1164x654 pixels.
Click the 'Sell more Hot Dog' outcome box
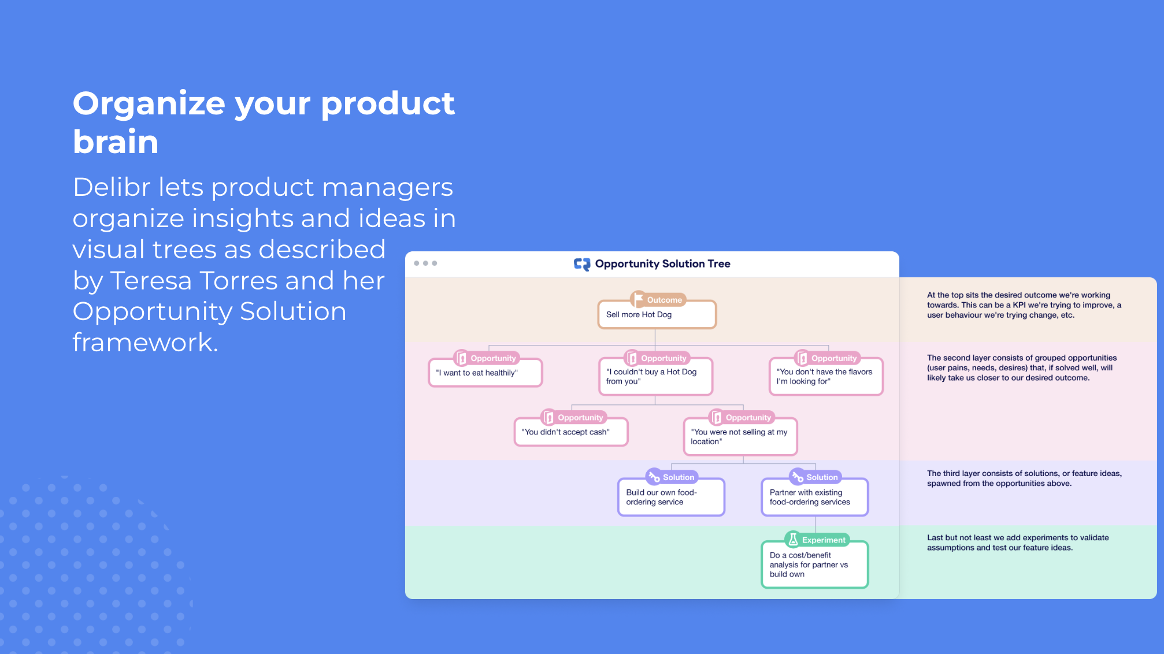click(x=657, y=315)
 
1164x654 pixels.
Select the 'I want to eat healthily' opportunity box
click(x=485, y=373)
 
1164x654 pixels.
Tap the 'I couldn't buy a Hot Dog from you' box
click(x=655, y=377)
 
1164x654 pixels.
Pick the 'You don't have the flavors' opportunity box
click(x=826, y=377)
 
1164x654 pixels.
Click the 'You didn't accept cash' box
click(x=571, y=432)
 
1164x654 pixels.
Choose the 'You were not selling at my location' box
click(x=740, y=437)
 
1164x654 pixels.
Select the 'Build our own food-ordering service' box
click(x=671, y=497)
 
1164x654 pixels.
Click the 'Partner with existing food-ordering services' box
click(x=815, y=497)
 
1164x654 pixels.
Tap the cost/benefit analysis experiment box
click(x=815, y=564)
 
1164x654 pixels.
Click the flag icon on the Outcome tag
click(x=639, y=299)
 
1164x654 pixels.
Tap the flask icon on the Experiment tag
click(x=794, y=540)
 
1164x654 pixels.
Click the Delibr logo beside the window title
click(x=582, y=264)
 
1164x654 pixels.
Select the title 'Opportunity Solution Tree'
click(x=663, y=264)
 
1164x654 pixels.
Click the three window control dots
click(x=425, y=263)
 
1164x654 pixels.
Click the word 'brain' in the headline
click(x=116, y=142)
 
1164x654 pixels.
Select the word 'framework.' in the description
click(x=146, y=342)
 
